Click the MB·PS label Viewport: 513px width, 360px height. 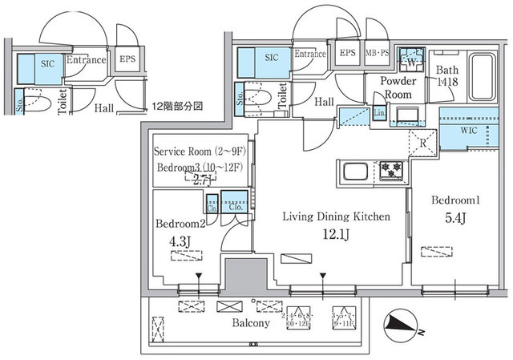(377, 54)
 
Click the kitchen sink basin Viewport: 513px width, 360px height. (353, 170)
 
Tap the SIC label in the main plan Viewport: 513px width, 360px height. (272, 58)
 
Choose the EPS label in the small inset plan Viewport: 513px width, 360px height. (127, 59)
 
